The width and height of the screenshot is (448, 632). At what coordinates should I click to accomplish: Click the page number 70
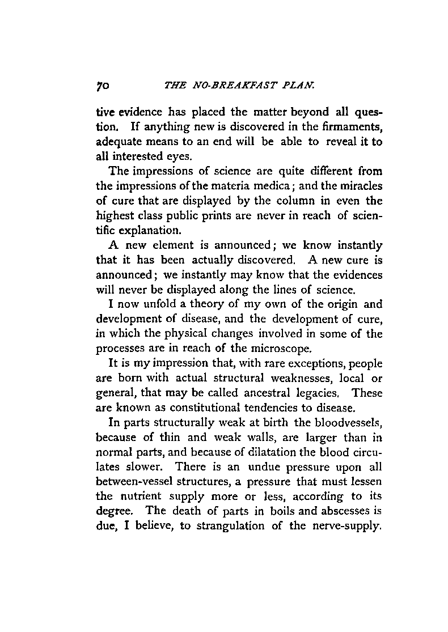(x=105, y=86)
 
